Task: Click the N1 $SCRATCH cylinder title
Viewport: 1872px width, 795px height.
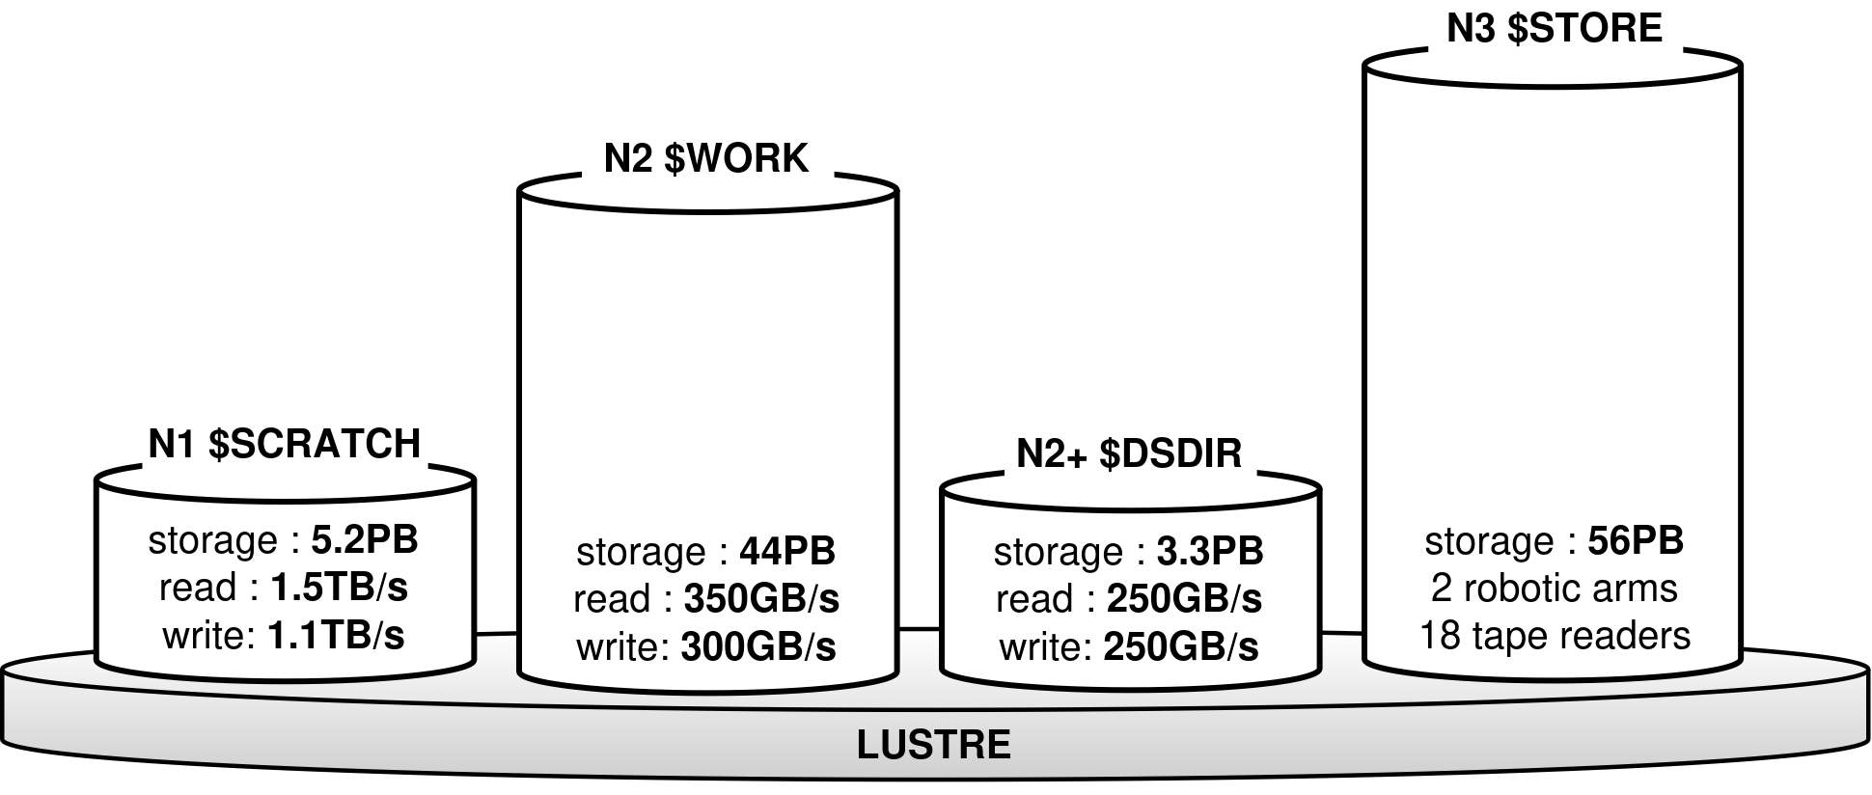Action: click(285, 444)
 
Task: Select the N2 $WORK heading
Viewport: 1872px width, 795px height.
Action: click(705, 158)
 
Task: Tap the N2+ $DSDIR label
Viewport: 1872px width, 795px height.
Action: click(1129, 453)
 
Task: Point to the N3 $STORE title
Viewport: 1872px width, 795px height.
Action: click(1554, 28)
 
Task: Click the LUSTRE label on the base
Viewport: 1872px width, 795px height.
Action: click(933, 745)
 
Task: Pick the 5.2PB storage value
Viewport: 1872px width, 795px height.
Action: click(365, 540)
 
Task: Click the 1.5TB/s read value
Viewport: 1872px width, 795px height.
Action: click(339, 588)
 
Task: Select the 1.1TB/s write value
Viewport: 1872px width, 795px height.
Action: click(336, 636)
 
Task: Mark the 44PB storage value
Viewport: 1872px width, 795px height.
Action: click(786, 552)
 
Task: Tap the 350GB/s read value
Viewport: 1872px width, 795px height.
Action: click(761, 599)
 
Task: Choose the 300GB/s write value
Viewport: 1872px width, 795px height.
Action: click(758, 647)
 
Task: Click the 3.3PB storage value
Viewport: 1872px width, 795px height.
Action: click(1209, 552)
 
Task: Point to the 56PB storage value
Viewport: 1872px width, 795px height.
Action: click(1636, 540)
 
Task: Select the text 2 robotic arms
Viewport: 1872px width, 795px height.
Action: click(1554, 589)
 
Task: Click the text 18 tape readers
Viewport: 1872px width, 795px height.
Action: click(1555, 636)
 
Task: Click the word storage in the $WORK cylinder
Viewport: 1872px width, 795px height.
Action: click(641, 552)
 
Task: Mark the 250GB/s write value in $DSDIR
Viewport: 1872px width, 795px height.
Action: click(1181, 647)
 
